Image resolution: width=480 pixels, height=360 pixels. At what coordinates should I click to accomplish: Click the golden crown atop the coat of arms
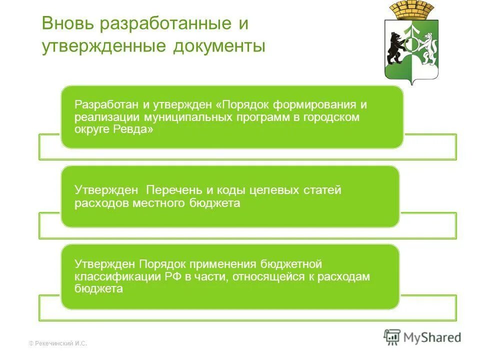413,9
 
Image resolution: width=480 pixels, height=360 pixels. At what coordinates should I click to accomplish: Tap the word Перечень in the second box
174,190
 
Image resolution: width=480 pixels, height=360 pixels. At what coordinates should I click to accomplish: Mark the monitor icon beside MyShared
392,337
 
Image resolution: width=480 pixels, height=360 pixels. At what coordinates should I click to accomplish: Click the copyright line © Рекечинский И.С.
58,343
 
